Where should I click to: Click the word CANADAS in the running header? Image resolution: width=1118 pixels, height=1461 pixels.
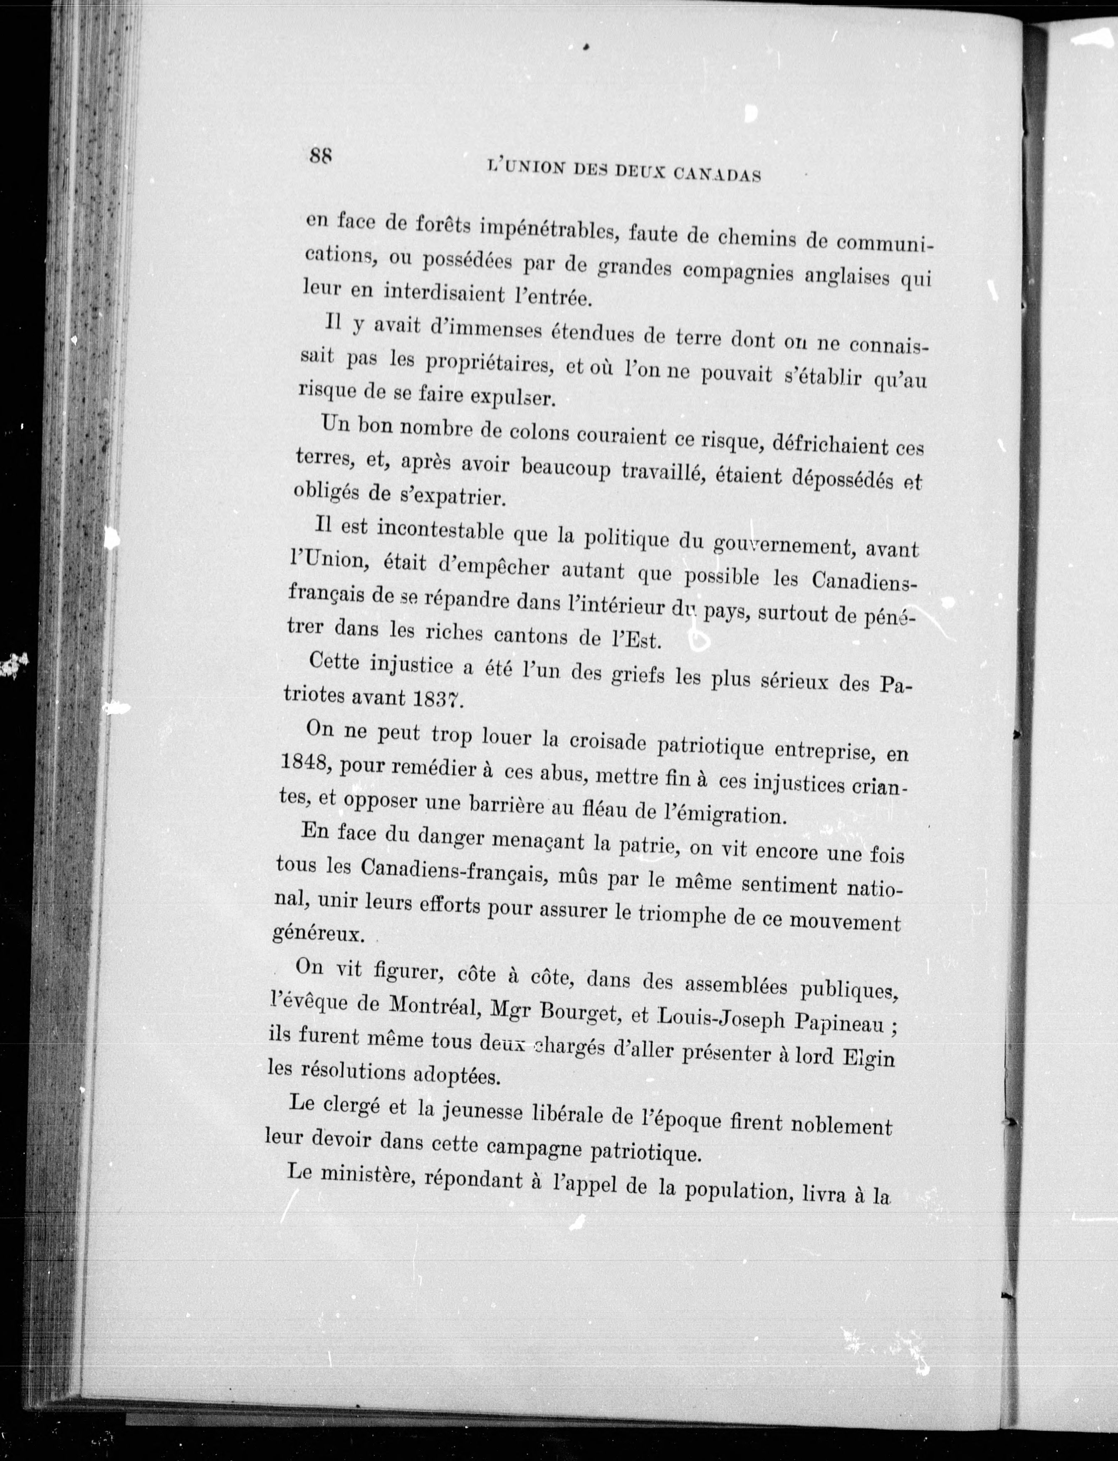click(717, 174)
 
